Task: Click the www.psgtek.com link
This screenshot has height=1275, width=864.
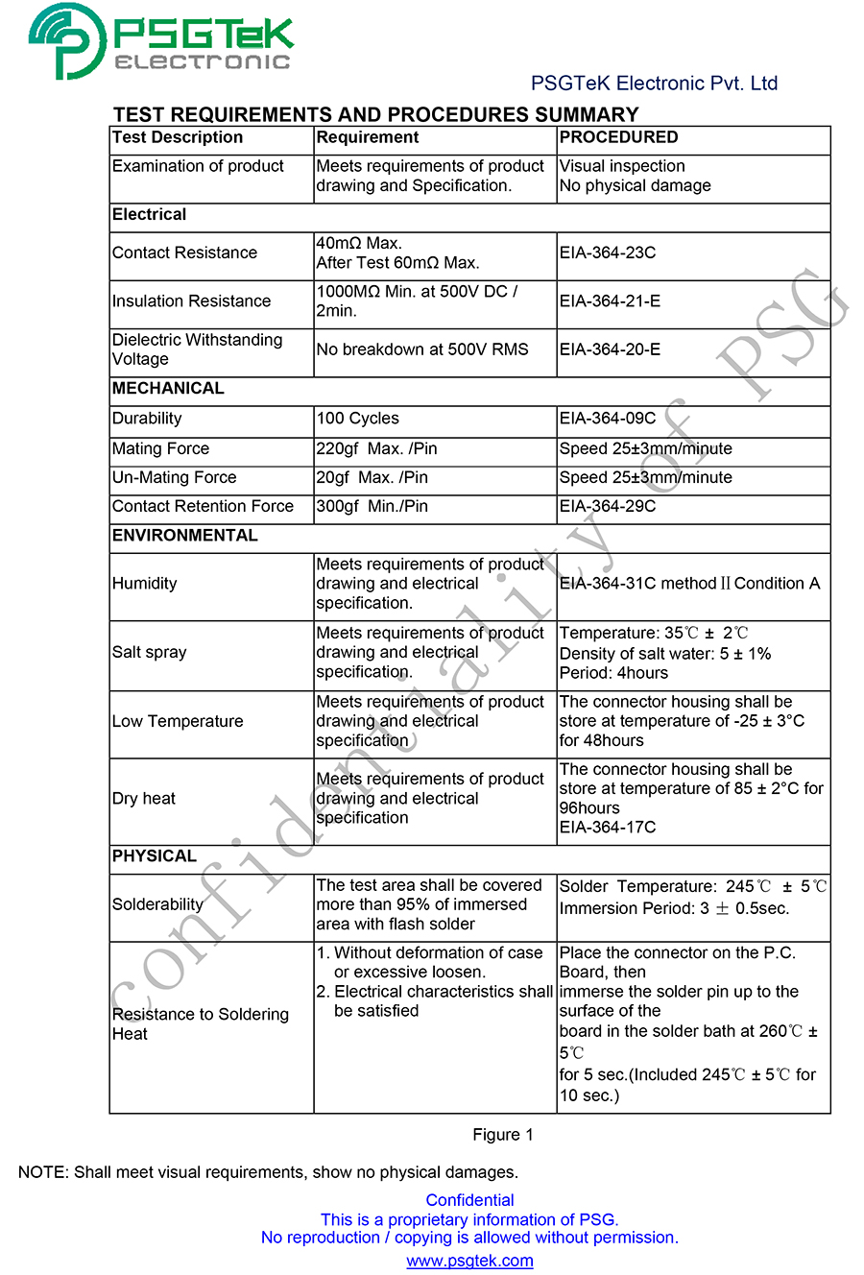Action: (x=469, y=1261)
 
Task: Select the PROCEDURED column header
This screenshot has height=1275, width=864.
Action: (x=618, y=137)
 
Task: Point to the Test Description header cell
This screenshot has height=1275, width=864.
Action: (x=178, y=137)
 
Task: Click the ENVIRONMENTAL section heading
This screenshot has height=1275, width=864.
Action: (x=185, y=536)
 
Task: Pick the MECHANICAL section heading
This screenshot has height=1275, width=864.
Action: (x=168, y=389)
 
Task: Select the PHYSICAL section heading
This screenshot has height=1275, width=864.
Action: (x=155, y=856)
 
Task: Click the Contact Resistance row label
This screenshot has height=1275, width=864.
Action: (x=184, y=253)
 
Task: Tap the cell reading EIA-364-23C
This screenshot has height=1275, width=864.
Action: (x=608, y=253)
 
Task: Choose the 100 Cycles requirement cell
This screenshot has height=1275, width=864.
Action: (x=357, y=419)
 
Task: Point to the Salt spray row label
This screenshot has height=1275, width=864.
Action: (x=150, y=653)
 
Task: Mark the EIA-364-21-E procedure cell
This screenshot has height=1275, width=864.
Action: (x=610, y=301)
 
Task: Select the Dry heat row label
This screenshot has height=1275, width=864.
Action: (x=144, y=799)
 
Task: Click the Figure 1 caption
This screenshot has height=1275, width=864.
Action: (x=502, y=1135)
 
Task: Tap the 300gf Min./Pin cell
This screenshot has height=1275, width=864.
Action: (x=372, y=506)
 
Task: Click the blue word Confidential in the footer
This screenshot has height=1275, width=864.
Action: (x=469, y=1200)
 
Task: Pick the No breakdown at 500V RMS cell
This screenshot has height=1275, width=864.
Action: (x=422, y=349)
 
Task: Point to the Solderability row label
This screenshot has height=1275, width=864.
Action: (x=157, y=904)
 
